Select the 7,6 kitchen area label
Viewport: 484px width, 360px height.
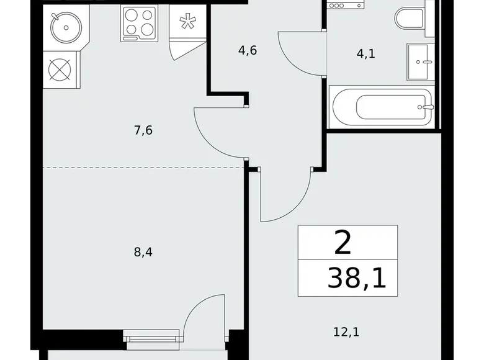pyautogui.click(x=143, y=130)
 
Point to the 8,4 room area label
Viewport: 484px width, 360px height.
pyautogui.click(x=143, y=252)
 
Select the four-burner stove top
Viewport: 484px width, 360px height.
pyautogui.click(x=140, y=22)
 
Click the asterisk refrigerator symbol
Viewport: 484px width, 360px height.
pyautogui.click(x=186, y=22)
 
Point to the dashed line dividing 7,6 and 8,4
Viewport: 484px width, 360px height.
pyautogui.click(x=143, y=168)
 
